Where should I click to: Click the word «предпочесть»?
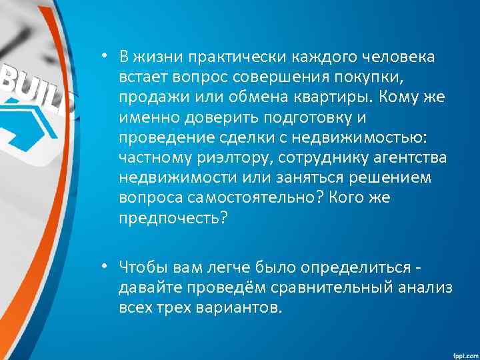173,219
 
